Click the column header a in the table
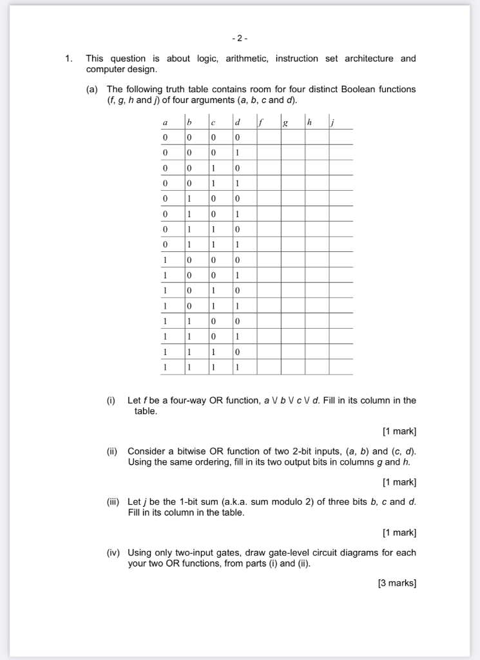(x=166, y=122)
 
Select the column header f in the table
(x=261, y=122)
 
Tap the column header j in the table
(x=332, y=122)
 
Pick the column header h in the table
(x=310, y=122)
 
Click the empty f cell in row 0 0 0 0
(x=269, y=137)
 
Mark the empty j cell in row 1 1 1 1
(x=341, y=367)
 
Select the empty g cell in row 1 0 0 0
(x=293, y=260)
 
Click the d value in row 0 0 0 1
(x=237, y=153)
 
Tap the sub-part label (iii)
(x=115, y=502)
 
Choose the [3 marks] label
(x=397, y=583)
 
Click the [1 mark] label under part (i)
(x=399, y=431)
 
